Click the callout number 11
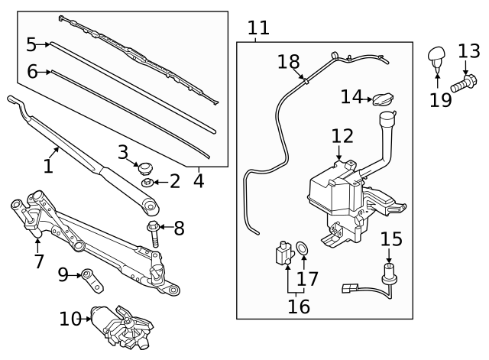(x=259, y=28)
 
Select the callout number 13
(x=468, y=51)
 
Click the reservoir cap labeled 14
(x=382, y=99)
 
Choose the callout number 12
(x=342, y=137)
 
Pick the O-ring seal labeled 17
(x=303, y=248)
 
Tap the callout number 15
(x=391, y=239)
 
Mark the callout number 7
(x=39, y=262)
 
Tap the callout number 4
(x=199, y=181)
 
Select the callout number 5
(x=31, y=44)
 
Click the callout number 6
(x=32, y=72)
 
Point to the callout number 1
(x=48, y=165)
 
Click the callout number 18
(x=288, y=61)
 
